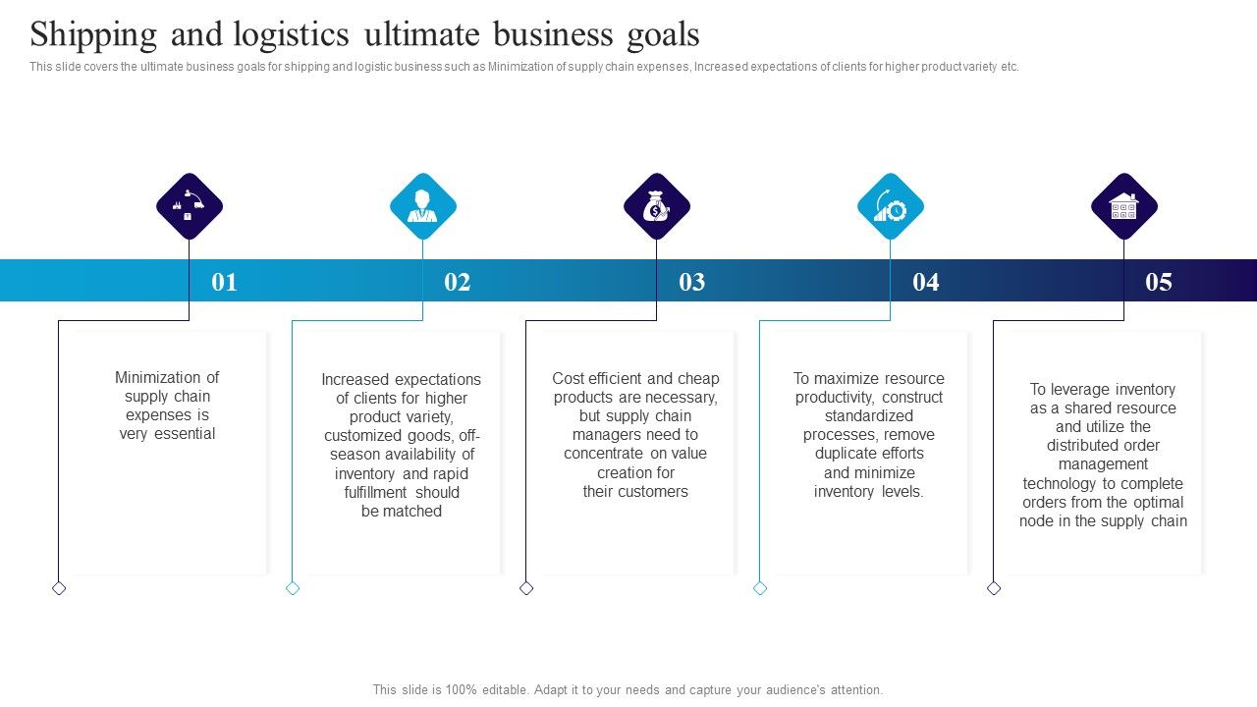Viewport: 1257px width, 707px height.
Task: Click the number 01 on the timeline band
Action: [225, 282]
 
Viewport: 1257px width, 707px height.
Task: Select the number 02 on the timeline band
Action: [458, 282]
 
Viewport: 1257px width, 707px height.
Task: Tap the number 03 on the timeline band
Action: [692, 282]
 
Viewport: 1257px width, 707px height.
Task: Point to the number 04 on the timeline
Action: [926, 282]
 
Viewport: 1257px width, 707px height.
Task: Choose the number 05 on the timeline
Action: [1159, 282]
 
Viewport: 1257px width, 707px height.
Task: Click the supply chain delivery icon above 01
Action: [190, 206]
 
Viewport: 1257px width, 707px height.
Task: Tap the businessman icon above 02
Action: [423, 206]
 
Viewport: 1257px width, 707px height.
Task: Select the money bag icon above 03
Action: [657, 206]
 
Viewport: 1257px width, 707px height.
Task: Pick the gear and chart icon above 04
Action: [891, 206]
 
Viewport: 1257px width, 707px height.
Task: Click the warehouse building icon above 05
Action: [1124, 206]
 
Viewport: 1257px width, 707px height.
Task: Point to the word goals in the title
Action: [664, 36]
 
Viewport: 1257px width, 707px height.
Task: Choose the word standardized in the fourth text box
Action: [869, 415]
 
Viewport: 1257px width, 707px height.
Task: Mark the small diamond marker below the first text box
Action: [59, 588]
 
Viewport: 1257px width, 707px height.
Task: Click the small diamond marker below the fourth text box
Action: [760, 588]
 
